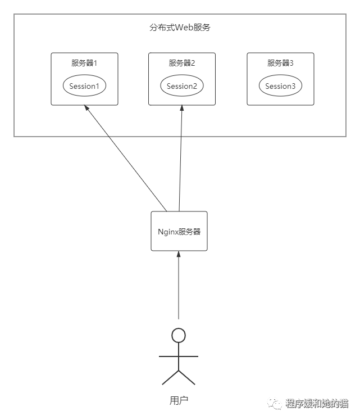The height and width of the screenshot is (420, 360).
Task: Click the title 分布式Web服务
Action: [180, 28]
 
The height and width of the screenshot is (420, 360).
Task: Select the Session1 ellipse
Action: [84, 86]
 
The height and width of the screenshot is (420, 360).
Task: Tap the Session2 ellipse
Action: [181, 86]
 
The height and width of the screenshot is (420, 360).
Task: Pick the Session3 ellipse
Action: [280, 86]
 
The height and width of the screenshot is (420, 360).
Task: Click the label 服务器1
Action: [84, 63]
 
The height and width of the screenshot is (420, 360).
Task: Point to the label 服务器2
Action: [181, 63]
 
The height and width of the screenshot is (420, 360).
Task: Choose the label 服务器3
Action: [280, 63]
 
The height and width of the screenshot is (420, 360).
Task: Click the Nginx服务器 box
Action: [179, 231]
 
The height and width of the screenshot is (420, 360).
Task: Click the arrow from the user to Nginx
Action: [179, 287]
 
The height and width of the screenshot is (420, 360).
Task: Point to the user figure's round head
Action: [179, 336]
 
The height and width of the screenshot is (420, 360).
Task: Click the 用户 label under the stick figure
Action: [179, 400]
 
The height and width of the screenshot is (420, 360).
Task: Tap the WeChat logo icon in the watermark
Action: [275, 403]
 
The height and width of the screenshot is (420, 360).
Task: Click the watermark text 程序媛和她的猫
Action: [316, 403]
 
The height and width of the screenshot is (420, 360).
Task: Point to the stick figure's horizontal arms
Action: [179, 356]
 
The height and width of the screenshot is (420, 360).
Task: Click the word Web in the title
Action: [184, 28]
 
